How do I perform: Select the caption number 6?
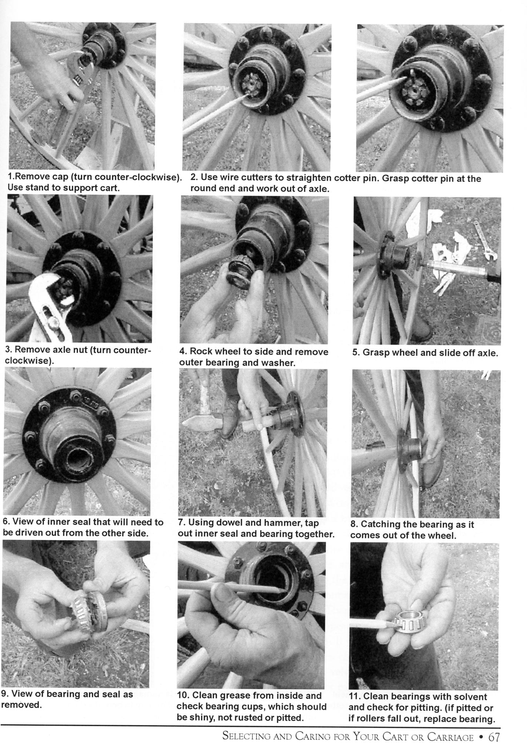click(x=5, y=522)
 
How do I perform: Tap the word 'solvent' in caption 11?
click(x=472, y=697)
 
